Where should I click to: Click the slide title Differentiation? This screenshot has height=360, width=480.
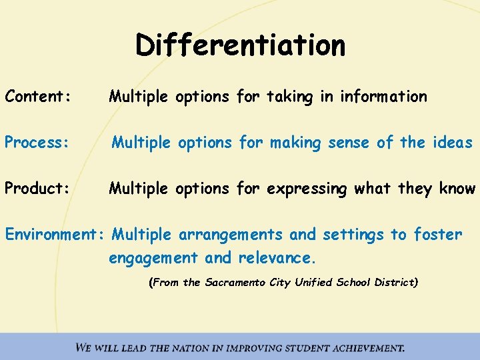[x=241, y=45]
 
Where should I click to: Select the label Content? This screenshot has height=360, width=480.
[x=37, y=97]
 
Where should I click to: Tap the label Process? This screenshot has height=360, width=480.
[x=37, y=143]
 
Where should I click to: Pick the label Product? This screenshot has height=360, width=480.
[x=37, y=189]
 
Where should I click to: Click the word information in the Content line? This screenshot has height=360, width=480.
[x=383, y=97]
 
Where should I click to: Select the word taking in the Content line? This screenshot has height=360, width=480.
[x=290, y=97]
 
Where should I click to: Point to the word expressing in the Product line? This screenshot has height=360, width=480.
[x=307, y=189]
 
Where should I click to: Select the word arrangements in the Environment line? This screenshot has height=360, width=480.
[x=233, y=235]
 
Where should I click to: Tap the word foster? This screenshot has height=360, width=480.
[x=437, y=235]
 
